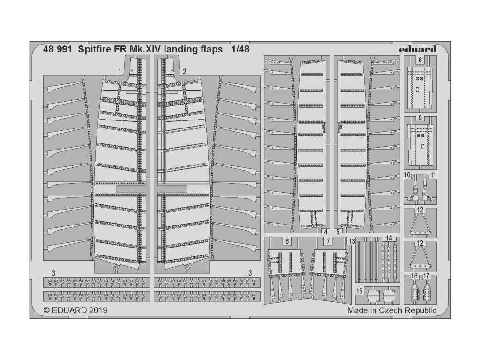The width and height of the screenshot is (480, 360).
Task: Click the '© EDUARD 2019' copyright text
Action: (75, 310)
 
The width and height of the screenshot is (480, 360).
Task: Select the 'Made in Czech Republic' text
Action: (392, 310)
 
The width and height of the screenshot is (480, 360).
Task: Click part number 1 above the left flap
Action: (120, 71)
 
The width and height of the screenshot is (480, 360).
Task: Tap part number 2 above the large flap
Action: (185, 71)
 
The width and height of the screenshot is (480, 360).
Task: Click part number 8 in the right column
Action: (420, 60)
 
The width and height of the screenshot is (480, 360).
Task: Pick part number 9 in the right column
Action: (420, 118)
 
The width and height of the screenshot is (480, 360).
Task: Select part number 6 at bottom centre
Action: (286, 242)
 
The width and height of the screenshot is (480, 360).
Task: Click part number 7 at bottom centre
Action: (328, 242)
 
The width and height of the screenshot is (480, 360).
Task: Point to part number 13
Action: (352, 241)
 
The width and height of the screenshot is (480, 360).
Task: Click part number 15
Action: (359, 291)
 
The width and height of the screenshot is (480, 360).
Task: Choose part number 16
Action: (415, 277)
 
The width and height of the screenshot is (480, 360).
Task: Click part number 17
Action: (426, 277)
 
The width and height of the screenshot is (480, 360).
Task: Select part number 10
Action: (408, 175)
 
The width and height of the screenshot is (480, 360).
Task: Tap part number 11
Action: (433, 175)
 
